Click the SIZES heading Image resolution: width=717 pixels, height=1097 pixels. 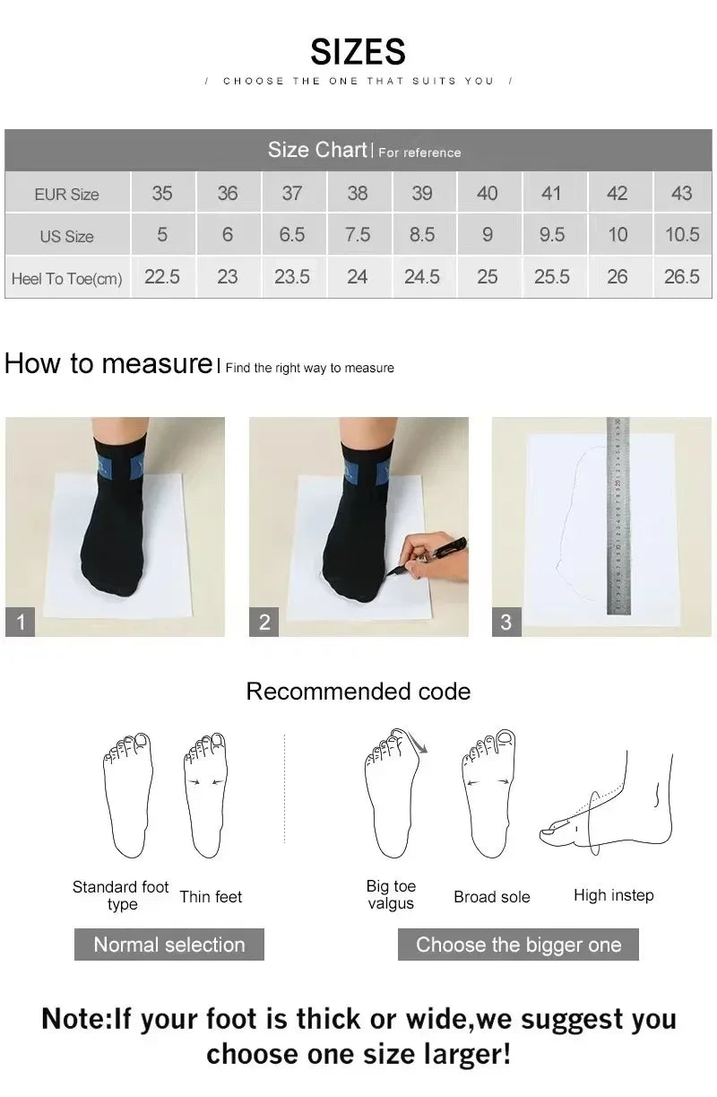[358, 52]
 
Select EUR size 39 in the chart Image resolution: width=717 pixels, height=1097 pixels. [421, 193]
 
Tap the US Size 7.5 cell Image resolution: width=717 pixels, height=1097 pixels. [357, 235]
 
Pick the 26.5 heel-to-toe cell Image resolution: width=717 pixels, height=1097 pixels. [681, 277]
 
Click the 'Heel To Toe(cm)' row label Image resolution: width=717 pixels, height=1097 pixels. [67, 279]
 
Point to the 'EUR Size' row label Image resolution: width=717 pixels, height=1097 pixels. [67, 194]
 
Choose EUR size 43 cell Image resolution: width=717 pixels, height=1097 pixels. [681, 193]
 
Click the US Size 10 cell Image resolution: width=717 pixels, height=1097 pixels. [617, 235]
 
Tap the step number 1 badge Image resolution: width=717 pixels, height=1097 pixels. [21, 622]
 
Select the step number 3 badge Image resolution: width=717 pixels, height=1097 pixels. [506, 622]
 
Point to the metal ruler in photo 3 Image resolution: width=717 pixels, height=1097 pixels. [618, 516]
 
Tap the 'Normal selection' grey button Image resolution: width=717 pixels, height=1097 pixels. [168, 945]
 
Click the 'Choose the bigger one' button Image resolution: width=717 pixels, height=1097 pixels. [518, 945]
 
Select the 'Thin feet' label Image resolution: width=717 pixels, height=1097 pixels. [211, 896]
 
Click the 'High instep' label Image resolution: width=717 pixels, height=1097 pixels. [613, 895]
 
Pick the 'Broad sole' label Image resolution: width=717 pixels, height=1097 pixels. [491, 896]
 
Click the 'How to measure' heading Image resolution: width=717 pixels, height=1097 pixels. [108, 363]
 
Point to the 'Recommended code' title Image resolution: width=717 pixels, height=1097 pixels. [358, 692]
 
